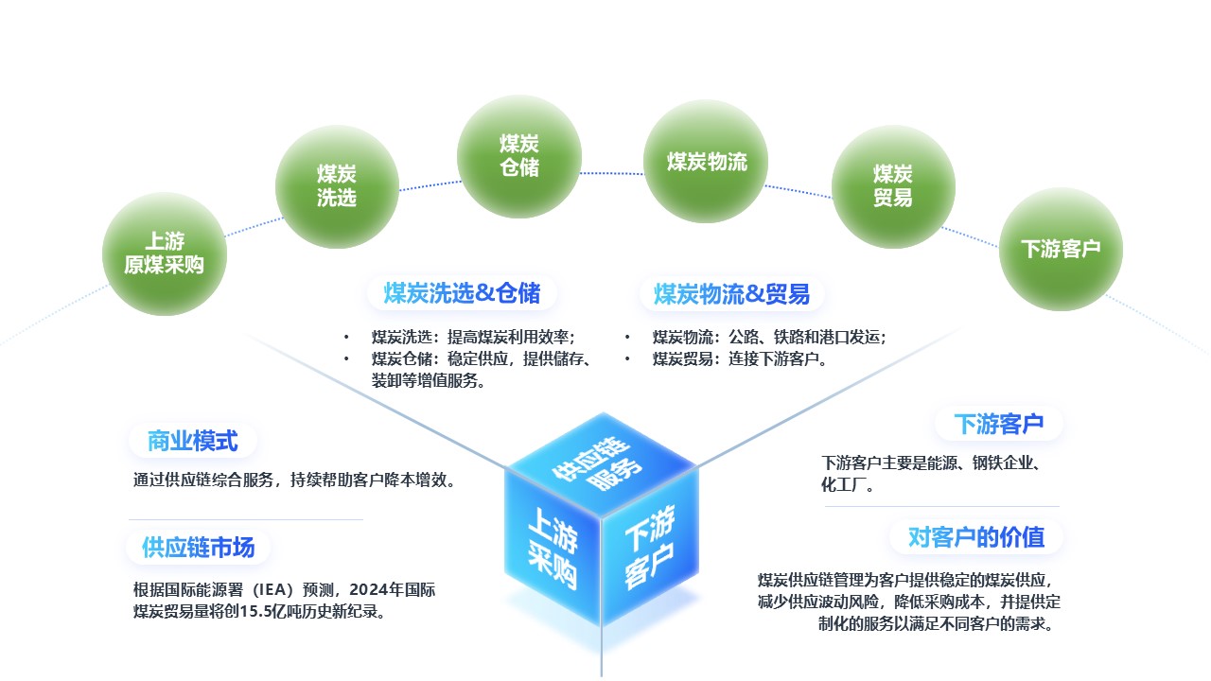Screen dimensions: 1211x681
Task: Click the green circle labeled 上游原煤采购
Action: [165, 253]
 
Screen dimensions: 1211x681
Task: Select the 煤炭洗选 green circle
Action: [337, 186]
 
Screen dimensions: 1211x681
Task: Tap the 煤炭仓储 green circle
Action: [519, 156]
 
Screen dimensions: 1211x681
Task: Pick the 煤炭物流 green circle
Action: [706, 161]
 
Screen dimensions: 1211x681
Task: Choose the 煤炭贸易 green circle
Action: [893, 186]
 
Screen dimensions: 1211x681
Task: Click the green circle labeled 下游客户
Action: [1061, 249]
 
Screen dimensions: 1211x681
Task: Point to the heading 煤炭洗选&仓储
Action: [463, 293]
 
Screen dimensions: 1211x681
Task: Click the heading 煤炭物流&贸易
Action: [731, 294]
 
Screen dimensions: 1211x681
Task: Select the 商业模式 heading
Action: [192, 441]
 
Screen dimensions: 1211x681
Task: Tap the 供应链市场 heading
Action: [199, 548]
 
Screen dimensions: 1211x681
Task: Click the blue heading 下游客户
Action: [998, 424]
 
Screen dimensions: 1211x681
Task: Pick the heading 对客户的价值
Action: [976, 537]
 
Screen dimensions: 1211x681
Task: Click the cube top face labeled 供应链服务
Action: [601, 463]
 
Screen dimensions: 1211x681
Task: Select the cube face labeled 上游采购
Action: [553, 547]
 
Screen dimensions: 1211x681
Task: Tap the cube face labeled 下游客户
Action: [650, 546]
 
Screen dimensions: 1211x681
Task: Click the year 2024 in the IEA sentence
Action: [369, 589]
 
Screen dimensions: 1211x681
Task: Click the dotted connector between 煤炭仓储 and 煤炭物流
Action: [612, 173]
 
